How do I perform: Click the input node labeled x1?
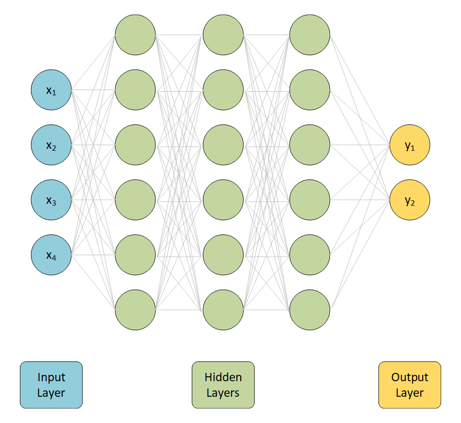tap(51, 90)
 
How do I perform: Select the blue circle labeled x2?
tap(51, 145)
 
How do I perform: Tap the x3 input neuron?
tap(51, 200)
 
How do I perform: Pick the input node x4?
tap(51, 255)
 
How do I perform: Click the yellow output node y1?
tap(410, 145)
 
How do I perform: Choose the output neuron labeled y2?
tap(410, 200)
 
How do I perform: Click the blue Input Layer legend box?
tap(51, 385)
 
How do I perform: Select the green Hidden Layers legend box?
tap(223, 385)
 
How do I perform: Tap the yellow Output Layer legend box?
tap(410, 385)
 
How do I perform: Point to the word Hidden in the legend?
tap(223, 377)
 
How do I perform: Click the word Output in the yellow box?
tap(410, 377)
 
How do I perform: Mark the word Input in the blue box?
tap(51, 377)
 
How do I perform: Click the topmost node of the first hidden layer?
tap(135, 35)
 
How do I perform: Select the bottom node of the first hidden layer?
tap(135, 310)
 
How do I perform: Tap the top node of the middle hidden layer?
tap(223, 35)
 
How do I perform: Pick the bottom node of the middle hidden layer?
tap(223, 310)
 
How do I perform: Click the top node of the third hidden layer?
tap(310, 35)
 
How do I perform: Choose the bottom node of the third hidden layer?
tap(310, 310)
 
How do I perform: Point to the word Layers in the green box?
tap(223, 393)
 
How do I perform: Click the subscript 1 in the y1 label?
tap(413, 148)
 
